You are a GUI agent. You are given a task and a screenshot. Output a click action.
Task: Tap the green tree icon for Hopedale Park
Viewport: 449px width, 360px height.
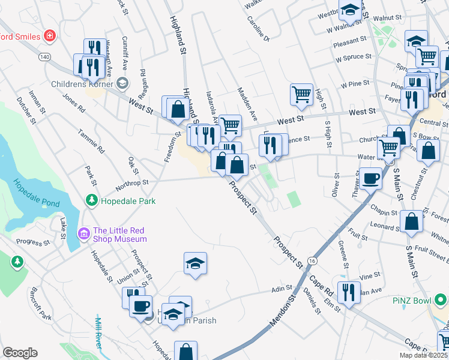click(92, 200)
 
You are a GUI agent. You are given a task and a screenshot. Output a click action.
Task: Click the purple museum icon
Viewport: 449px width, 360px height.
click(83, 233)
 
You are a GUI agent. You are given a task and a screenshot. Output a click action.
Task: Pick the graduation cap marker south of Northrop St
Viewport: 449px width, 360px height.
click(195, 263)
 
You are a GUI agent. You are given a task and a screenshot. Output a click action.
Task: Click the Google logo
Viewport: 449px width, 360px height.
click(20, 353)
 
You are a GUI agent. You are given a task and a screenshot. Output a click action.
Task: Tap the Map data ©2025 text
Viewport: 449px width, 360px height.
click(423, 355)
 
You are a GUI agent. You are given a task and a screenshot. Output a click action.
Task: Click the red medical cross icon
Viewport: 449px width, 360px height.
click(49, 36)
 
